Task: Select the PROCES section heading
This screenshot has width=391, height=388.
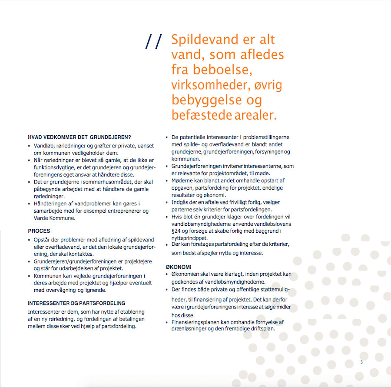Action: (x=39, y=231)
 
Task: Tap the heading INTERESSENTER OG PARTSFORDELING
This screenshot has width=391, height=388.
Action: (x=76, y=303)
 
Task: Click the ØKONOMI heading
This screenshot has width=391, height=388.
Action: (x=179, y=267)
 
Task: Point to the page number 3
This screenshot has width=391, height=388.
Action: (x=361, y=362)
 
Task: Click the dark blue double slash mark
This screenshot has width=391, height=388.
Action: (x=153, y=42)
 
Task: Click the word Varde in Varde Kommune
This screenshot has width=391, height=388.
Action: (x=42, y=218)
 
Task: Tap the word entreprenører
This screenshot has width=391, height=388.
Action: (x=123, y=211)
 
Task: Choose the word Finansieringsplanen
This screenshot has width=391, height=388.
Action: (x=195, y=322)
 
